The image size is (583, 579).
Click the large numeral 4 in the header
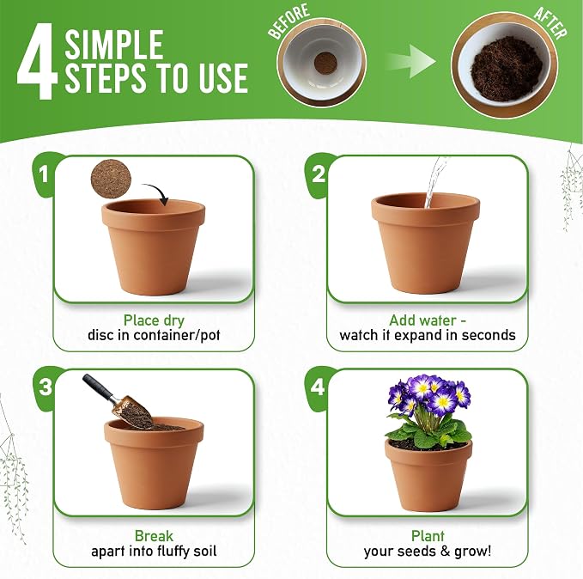[x=37, y=62]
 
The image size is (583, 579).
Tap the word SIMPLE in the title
[x=114, y=45]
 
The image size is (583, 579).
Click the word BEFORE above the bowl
[x=288, y=21]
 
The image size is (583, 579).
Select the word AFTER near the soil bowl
[x=550, y=22]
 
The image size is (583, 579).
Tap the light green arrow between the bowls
[x=411, y=61]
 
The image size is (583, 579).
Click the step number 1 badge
[x=45, y=174]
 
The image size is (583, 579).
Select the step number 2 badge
[x=319, y=174]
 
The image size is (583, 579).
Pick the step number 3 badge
[x=46, y=387]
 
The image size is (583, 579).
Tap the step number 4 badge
[x=318, y=387]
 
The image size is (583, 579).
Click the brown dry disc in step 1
[x=111, y=180]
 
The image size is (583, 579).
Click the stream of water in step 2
[x=434, y=182]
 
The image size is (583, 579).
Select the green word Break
[x=154, y=536]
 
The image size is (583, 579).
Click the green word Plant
[x=428, y=536]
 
